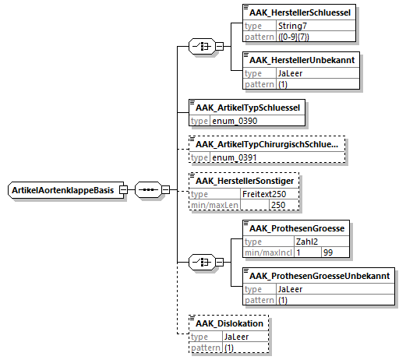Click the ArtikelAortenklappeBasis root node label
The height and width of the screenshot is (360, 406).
[63, 190]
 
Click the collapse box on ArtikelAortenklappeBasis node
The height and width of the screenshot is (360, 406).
[123, 190]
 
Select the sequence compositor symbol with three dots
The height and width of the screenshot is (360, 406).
[148, 190]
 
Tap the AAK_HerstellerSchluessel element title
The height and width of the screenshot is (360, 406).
[300, 12]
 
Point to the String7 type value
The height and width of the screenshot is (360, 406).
[292, 26]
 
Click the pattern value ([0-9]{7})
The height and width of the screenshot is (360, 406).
[294, 37]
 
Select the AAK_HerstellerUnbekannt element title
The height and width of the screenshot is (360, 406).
[302, 60]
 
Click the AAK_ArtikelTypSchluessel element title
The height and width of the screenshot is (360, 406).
[248, 108]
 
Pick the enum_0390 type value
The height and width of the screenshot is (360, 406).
[235, 121]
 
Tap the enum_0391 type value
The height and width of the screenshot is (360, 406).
[235, 157]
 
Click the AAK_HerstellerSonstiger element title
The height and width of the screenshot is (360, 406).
[245, 181]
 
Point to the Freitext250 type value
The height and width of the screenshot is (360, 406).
[264, 194]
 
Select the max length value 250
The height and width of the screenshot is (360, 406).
[278, 205]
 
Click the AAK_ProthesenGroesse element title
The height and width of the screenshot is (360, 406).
[297, 228]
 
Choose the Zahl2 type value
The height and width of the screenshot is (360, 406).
[307, 242]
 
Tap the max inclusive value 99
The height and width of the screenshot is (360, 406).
[328, 252]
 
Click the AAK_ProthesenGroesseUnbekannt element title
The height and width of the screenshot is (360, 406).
[320, 276]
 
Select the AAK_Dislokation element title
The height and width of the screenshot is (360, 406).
[229, 323]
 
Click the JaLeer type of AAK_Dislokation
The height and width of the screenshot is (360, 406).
[236, 337]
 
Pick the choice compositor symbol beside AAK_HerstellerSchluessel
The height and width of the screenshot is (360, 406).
[202, 46]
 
